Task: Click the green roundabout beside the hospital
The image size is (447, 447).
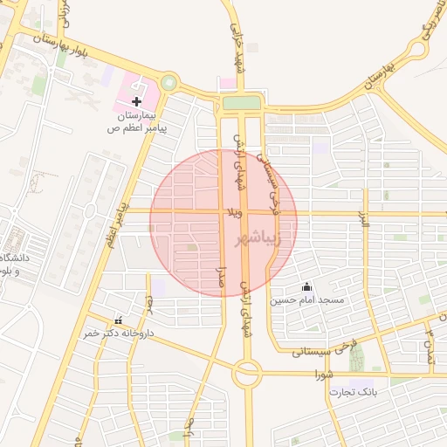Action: pyautogui.click(x=168, y=85)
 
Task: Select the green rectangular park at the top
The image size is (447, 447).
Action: pyautogui.click(x=241, y=103)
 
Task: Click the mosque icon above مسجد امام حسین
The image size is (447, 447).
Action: pyautogui.click(x=306, y=286)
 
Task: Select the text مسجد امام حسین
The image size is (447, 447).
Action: pyautogui.click(x=306, y=300)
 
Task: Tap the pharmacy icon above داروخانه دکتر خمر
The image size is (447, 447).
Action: pyautogui.click(x=119, y=320)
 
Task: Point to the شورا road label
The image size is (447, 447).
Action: pyautogui.click(x=325, y=374)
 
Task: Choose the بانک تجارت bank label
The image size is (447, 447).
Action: pyautogui.click(x=352, y=393)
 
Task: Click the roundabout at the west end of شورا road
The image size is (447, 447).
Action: pyautogui.click(x=247, y=375)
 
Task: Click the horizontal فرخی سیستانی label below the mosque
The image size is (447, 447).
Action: pyautogui.click(x=299, y=353)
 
